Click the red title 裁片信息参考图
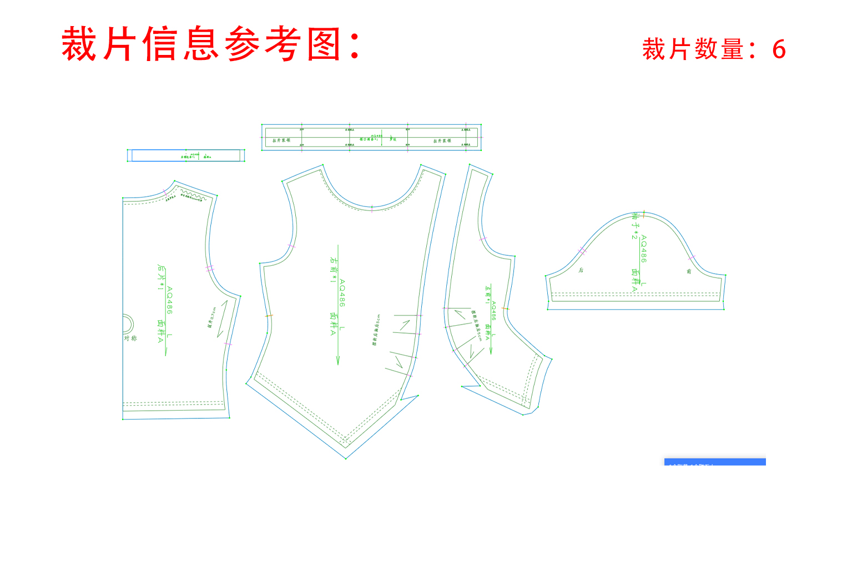pyautogui.click(x=211, y=44)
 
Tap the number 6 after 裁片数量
pyautogui.click(x=779, y=50)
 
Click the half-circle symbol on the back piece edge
pyautogui.click(x=127, y=324)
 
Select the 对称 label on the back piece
pyautogui.click(x=130, y=338)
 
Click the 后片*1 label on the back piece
pyautogui.click(x=160, y=277)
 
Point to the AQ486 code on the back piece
pyautogui.click(x=169, y=300)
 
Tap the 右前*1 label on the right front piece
pyautogui.click(x=333, y=270)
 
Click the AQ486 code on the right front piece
pyautogui.click(x=342, y=293)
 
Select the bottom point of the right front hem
pyautogui.click(x=346, y=458)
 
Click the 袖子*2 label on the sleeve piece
pyautogui.click(x=635, y=226)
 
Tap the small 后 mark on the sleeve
pyautogui.click(x=581, y=270)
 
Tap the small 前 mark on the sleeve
pyautogui.click(x=689, y=271)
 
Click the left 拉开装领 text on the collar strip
pyautogui.click(x=281, y=140)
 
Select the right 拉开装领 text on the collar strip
pyautogui.click(x=442, y=141)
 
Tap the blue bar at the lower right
pyautogui.click(x=715, y=462)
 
